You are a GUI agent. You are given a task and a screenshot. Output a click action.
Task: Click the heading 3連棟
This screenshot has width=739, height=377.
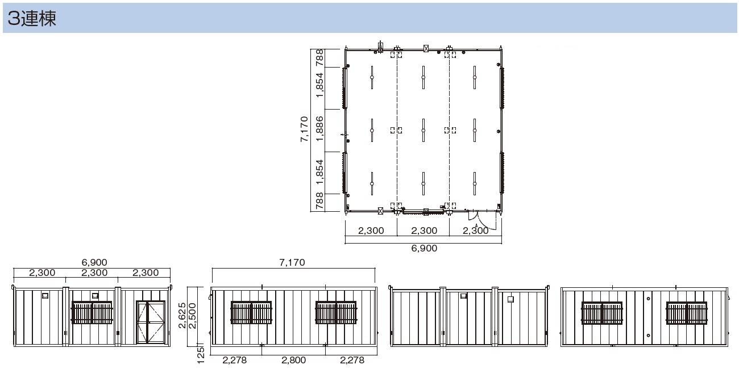[x=32, y=18]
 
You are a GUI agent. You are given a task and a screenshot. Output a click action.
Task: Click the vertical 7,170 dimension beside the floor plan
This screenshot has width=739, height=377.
[x=304, y=129]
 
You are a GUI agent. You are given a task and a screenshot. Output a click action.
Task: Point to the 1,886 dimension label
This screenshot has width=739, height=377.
[x=319, y=129]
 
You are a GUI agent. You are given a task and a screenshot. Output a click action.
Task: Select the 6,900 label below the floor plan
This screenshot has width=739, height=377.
[x=424, y=248]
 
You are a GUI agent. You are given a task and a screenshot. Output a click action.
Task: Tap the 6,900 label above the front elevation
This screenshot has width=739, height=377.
[x=94, y=262]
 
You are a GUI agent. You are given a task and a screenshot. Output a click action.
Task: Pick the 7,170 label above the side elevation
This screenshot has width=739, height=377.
[x=292, y=262]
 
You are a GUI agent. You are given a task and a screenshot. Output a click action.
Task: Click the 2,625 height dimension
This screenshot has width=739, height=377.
[x=182, y=315]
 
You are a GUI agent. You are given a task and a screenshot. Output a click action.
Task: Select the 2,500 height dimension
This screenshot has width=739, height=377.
[x=192, y=316]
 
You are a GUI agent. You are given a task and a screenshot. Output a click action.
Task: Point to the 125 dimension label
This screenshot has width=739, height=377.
[x=201, y=355]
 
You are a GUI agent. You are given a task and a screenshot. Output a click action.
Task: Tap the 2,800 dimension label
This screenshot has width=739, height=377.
[x=294, y=360]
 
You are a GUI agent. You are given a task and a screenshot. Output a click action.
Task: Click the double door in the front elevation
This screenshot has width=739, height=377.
[x=151, y=322]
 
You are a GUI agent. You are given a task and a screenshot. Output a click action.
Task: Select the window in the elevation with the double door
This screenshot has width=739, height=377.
[x=92, y=312]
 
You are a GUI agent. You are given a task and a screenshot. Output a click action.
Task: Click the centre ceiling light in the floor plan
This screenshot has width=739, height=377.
[x=424, y=131]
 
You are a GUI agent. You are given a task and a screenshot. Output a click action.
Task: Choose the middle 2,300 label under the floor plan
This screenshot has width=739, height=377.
[x=424, y=231]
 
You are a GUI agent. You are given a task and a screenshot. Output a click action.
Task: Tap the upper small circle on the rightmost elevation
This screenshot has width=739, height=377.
[x=648, y=299]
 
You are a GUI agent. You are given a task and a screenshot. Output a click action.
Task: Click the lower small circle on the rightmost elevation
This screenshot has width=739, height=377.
[x=648, y=336]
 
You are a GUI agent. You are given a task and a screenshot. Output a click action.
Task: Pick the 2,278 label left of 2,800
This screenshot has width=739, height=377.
[x=235, y=360]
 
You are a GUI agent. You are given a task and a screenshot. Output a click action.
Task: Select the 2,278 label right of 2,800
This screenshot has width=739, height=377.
[x=352, y=360]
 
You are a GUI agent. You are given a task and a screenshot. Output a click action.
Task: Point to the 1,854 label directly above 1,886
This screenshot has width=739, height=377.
[x=319, y=85]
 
